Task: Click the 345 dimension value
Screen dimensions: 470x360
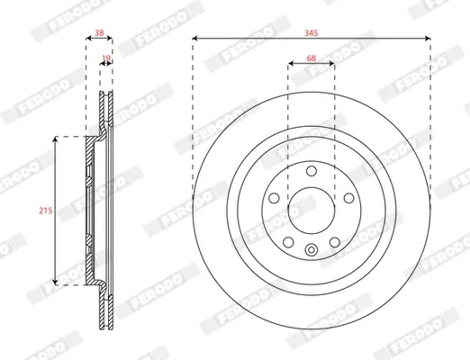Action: [312, 33]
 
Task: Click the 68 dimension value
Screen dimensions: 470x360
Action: [312, 58]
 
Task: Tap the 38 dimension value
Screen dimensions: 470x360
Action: [99, 32]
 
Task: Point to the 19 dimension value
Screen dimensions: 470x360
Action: [106, 58]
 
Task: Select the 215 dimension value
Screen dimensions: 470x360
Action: [46, 211]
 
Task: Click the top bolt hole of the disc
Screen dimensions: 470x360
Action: [312, 171]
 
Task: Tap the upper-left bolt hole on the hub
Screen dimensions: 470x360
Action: [274, 198]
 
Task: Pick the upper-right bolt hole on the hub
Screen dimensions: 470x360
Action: [348, 198]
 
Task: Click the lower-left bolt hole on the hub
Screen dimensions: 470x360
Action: [288, 242]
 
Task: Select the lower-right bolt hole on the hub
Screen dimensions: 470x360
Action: [335, 242]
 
